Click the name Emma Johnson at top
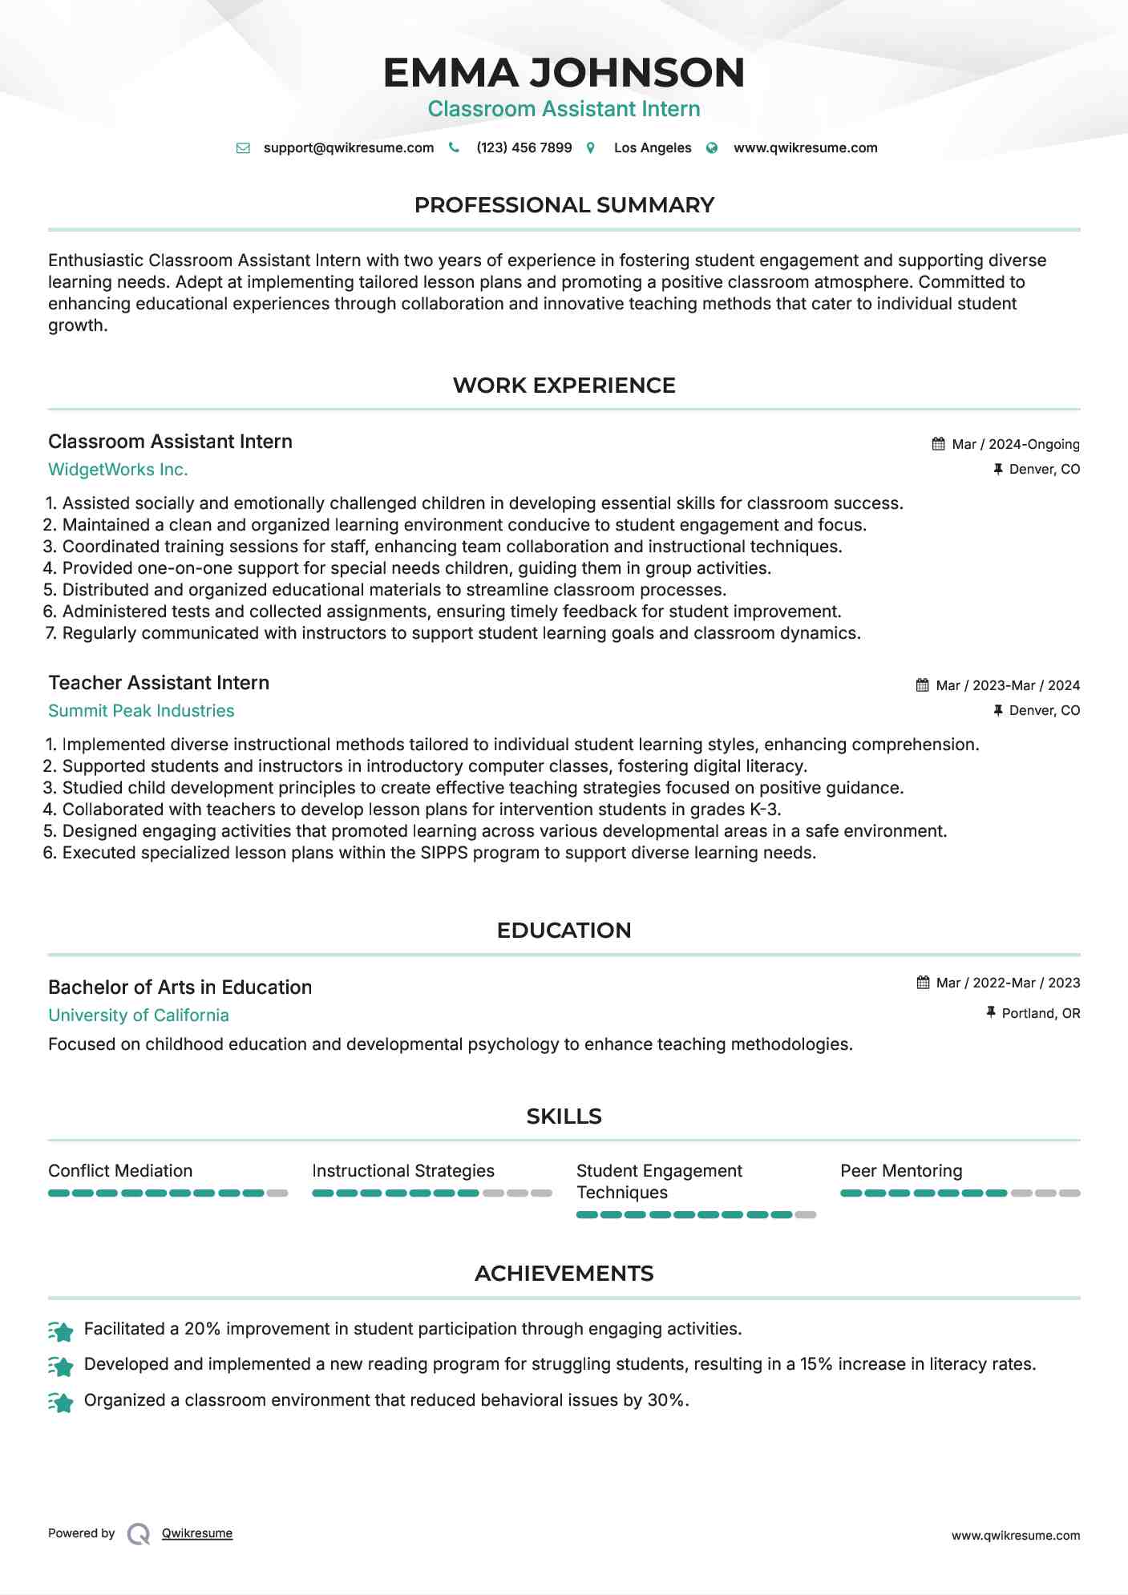pyautogui.click(x=564, y=72)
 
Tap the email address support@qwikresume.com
pyautogui.click(x=348, y=147)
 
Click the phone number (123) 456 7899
pyautogui.click(x=524, y=147)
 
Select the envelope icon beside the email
pyautogui.click(x=243, y=148)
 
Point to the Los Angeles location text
pyautogui.click(x=652, y=147)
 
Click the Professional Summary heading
pyautogui.click(x=564, y=205)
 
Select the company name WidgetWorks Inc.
pyautogui.click(x=118, y=470)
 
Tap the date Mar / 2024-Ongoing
pyautogui.click(x=1015, y=444)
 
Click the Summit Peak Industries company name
pyautogui.click(x=141, y=711)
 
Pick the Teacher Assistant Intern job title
pyautogui.click(x=159, y=683)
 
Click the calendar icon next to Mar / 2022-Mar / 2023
pyautogui.click(x=923, y=983)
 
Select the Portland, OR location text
pyautogui.click(x=1041, y=1013)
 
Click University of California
pyautogui.click(x=139, y=1016)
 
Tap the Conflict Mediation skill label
pyautogui.click(x=120, y=1171)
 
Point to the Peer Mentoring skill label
pyautogui.click(x=901, y=1171)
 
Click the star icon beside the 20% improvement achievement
pyautogui.click(x=61, y=1331)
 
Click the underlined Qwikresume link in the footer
pyautogui.click(x=197, y=1533)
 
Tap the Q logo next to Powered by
pyautogui.click(x=139, y=1534)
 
